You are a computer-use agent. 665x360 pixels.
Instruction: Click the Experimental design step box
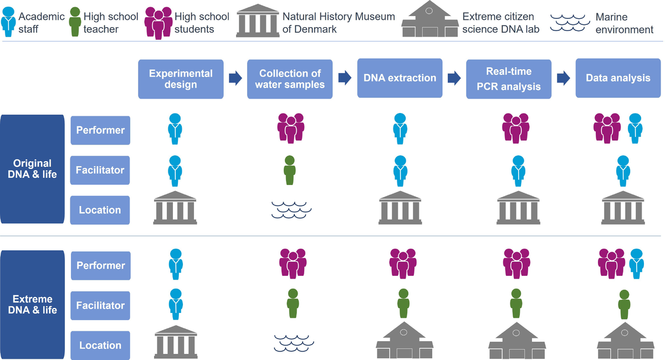pyautogui.click(x=181, y=79)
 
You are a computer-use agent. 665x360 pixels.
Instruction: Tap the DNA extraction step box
pyautogui.click(x=400, y=78)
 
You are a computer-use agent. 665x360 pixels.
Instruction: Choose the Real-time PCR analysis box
pyautogui.click(x=509, y=79)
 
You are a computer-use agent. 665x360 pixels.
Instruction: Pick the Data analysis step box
pyautogui.click(x=618, y=78)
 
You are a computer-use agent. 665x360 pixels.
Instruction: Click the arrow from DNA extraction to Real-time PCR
pyautogui.click(x=454, y=79)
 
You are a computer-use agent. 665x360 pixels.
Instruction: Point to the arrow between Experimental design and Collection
pyautogui.click(x=235, y=79)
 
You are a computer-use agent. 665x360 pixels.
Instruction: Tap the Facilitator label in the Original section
pyautogui.click(x=100, y=170)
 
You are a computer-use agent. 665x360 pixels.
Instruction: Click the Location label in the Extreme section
pyautogui.click(x=100, y=345)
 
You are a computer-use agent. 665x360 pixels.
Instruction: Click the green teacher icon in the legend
pyautogui.click(x=75, y=21)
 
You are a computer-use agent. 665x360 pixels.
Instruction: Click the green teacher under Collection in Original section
pyautogui.click(x=289, y=171)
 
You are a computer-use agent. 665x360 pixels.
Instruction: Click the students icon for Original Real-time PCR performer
pyautogui.click(x=515, y=128)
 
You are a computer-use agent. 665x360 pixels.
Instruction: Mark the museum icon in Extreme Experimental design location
pyautogui.click(x=175, y=342)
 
